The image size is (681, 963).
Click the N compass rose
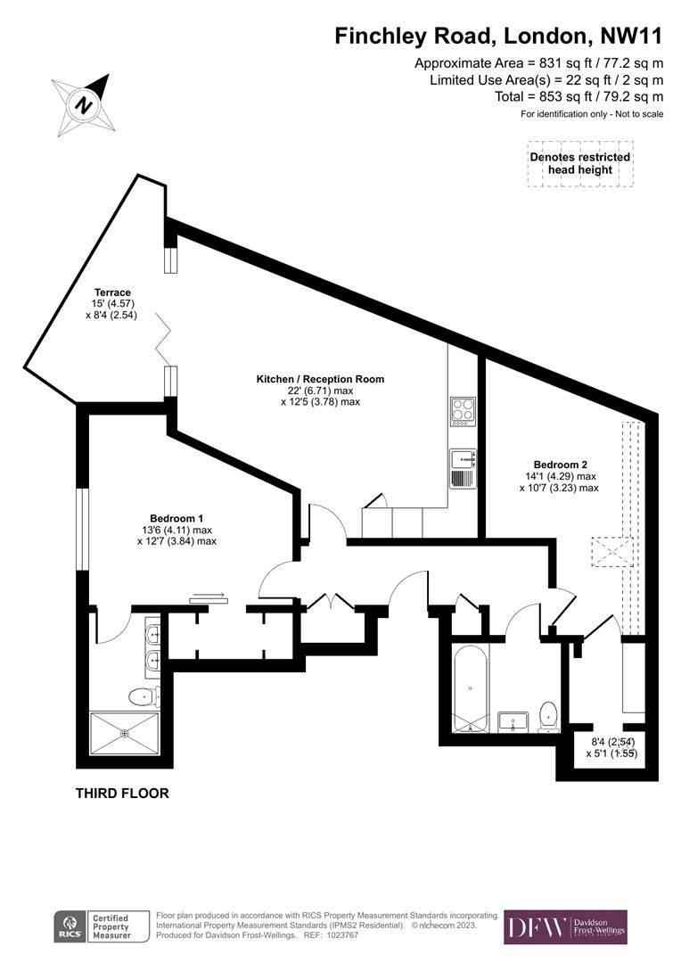83,103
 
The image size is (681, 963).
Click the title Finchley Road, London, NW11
498,37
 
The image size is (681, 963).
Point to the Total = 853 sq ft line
578,96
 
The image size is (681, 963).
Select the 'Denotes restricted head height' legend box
579,163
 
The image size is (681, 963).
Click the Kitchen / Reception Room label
320,390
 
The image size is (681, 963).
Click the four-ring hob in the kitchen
464,411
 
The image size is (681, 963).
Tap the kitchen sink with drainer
464,468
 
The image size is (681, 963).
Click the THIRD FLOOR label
122,793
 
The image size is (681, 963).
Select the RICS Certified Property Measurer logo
94,927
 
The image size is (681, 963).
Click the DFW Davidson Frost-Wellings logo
565,927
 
